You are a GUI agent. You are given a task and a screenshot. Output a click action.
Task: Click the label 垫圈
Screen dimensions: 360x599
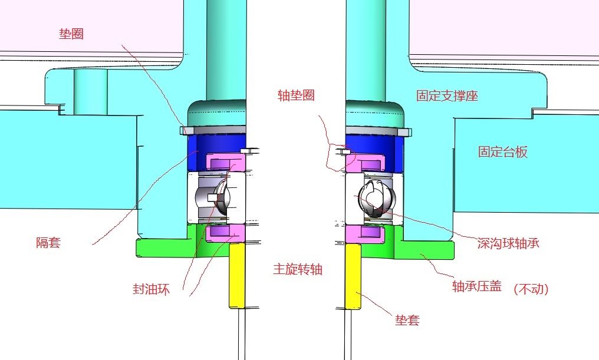point(71,34)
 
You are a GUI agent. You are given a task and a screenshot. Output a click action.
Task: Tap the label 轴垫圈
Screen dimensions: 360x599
point(297,95)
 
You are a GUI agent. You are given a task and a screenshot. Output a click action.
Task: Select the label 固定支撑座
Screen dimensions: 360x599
point(447,96)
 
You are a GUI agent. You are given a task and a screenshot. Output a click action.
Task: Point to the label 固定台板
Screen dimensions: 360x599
point(502,152)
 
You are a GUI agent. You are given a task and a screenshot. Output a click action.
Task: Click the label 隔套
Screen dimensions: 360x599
point(48,242)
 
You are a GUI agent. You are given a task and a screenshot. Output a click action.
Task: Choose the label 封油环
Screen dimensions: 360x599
point(151,289)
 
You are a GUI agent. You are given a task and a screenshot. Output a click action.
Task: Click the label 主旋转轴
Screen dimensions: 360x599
point(298,269)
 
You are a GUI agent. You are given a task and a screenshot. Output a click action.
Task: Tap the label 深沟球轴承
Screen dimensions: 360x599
point(508,243)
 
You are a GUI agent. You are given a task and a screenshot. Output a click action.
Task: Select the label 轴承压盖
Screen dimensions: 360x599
point(476,286)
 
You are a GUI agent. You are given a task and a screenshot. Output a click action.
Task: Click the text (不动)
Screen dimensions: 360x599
point(531,289)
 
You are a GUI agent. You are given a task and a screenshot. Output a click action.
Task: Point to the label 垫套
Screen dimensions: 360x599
point(407,321)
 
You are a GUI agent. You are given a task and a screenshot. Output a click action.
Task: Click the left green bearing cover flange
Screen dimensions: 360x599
point(165,247)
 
